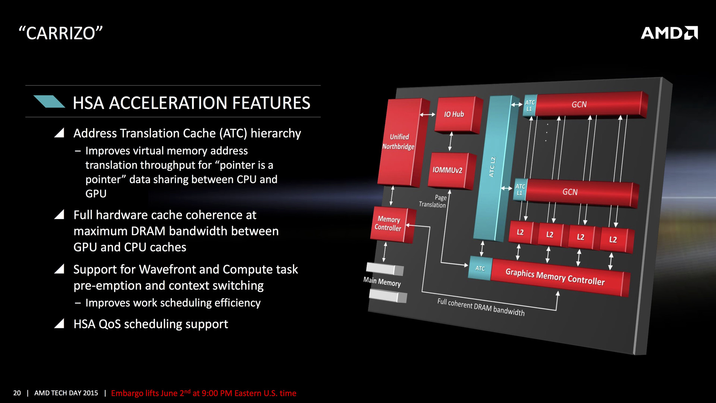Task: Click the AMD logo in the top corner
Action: point(669,33)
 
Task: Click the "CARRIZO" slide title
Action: point(60,33)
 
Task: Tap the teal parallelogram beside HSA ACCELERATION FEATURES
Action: point(49,101)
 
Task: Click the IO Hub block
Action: point(454,114)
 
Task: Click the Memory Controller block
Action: point(388,224)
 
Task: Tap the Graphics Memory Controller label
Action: point(555,277)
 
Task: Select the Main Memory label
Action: point(382,281)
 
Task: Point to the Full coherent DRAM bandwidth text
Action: point(481,307)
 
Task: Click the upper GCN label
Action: point(579,105)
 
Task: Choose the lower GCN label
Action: point(570,192)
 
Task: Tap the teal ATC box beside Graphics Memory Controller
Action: point(480,268)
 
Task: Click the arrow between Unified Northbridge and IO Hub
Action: point(427,115)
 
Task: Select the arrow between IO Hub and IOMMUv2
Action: point(450,141)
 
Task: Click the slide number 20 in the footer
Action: point(17,393)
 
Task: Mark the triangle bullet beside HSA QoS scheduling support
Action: point(59,324)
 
